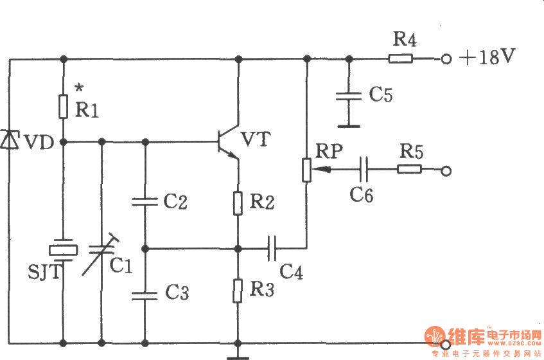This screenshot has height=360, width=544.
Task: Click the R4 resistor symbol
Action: click(x=401, y=59)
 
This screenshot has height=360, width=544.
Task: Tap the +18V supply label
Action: click(x=487, y=58)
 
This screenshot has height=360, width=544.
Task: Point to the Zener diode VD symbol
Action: click(x=10, y=139)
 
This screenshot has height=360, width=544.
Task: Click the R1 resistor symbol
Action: click(x=63, y=107)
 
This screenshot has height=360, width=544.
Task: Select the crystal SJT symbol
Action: click(x=63, y=250)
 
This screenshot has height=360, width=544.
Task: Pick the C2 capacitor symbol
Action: click(x=145, y=202)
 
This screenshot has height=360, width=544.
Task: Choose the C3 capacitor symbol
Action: click(x=145, y=295)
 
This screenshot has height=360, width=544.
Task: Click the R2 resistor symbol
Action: click(x=238, y=203)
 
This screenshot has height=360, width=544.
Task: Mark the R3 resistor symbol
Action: click(x=238, y=291)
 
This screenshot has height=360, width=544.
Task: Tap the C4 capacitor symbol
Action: click(x=272, y=247)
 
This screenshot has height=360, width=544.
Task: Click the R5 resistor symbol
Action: click(x=409, y=170)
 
